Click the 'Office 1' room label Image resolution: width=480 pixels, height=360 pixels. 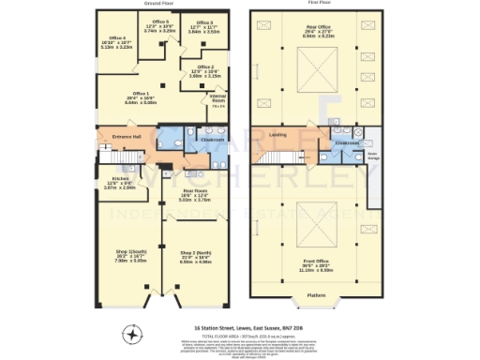(141, 94)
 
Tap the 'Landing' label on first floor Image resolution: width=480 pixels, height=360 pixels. (277, 135)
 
